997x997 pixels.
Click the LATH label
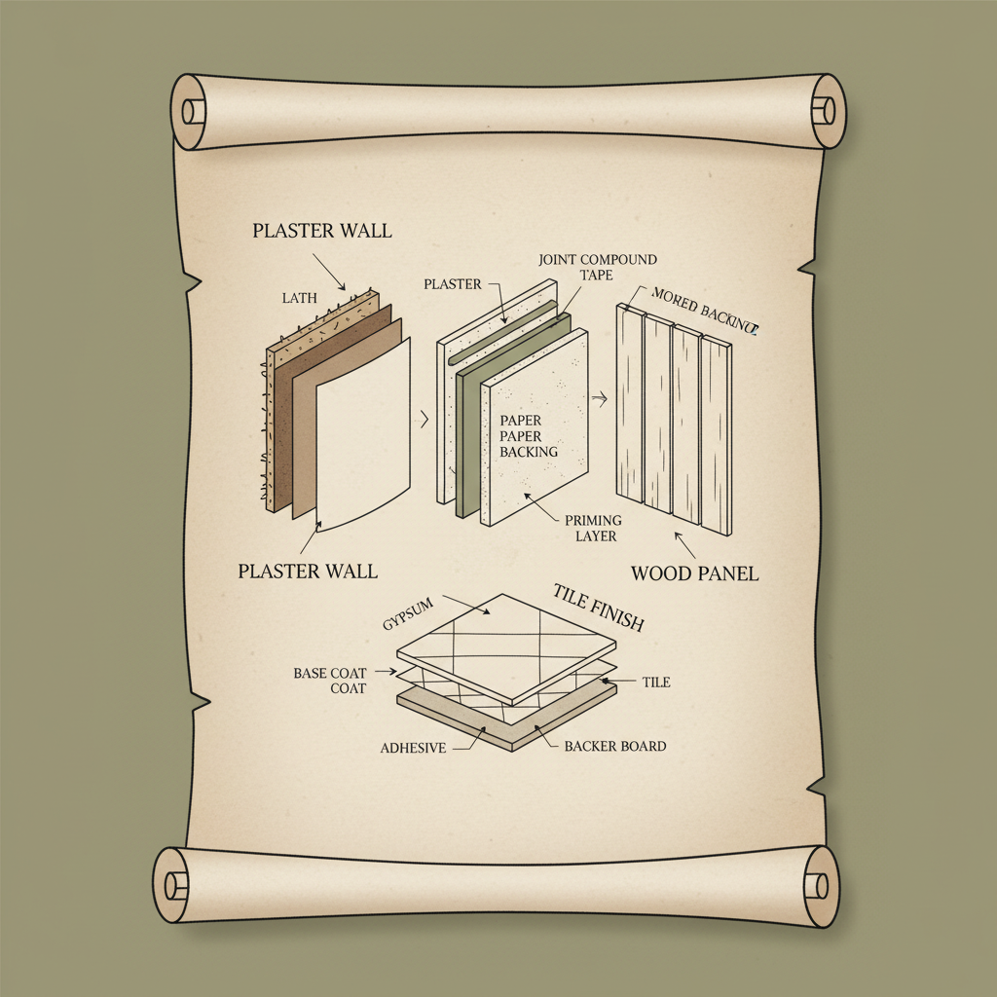point(300,298)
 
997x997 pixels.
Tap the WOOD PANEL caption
point(694,572)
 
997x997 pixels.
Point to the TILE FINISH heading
point(598,609)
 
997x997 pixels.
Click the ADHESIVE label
point(413,748)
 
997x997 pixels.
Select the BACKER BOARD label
point(615,746)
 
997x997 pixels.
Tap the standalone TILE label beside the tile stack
point(656,683)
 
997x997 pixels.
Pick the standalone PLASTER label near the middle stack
point(453,284)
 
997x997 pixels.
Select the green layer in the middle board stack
point(470,428)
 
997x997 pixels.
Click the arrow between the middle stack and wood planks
point(600,397)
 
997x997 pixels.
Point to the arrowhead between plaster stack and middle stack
point(424,421)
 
